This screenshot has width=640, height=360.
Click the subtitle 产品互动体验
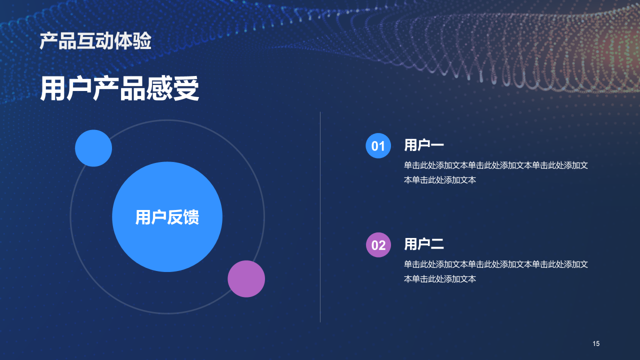pos(95,41)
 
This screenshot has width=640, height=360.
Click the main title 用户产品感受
pos(119,89)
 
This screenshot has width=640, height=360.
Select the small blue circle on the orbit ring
pos(93,148)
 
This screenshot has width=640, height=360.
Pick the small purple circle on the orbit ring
pos(246,279)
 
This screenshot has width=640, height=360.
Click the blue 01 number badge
pos(378,146)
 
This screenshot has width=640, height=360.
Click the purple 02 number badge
pos(378,245)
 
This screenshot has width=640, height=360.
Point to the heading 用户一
pos(424,145)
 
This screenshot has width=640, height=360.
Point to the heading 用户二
pos(424,244)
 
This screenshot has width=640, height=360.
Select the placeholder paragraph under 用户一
pos(495,172)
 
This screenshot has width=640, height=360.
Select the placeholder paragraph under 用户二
pos(495,271)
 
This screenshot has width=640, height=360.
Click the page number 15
pos(596,343)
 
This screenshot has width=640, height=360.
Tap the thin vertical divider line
pos(320,216)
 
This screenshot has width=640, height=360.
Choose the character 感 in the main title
pos(159,89)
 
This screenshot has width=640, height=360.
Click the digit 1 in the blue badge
pos(382,146)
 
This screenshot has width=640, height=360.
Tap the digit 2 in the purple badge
pos(382,245)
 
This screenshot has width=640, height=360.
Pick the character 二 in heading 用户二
pos(437,244)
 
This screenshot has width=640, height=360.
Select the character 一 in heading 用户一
pos(437,145)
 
